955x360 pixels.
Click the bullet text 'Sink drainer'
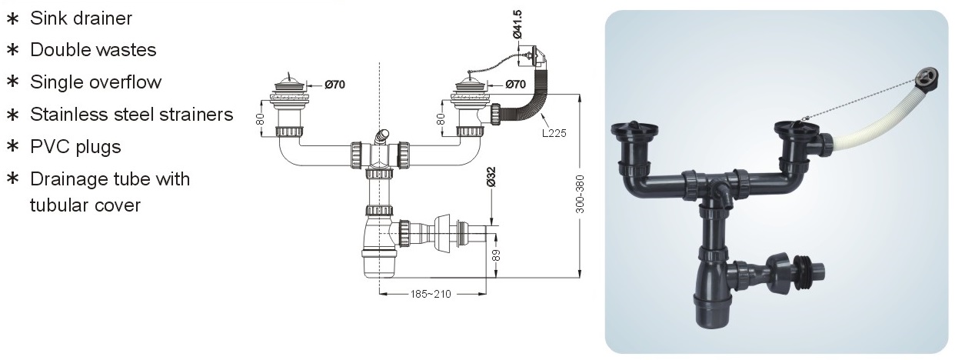(x=81, y=18)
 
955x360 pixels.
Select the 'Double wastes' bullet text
(x=93, y=50)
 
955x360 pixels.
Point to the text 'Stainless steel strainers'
(x=131, y=115)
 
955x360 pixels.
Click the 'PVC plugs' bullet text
(x=75, y=146)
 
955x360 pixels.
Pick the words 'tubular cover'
(x=85, y=205)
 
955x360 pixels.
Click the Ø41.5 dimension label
(x=517, y=24)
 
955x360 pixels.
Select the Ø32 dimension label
(x=491, y=178)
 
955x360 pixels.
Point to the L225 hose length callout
(x=553, y=132)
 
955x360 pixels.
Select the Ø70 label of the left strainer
(x=335, y=84)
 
